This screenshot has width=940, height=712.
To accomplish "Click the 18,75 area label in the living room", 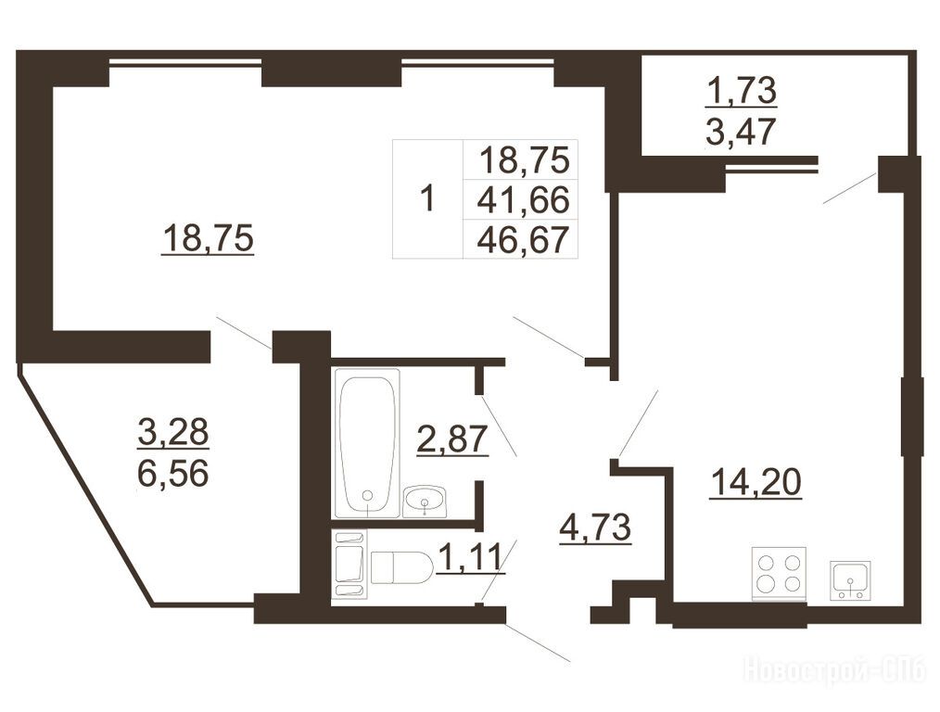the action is pyautogui.click(x=208, y=238).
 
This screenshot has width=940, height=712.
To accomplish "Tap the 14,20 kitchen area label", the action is pyautogui.click(x=756, y=482).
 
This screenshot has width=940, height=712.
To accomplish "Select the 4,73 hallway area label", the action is pyautogui.click(x=595, y=528).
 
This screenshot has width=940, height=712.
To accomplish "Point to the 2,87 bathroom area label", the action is pyautogui.click(x=452, y=439).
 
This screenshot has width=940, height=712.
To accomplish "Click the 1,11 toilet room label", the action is pyautogui.click(x=470, y=557).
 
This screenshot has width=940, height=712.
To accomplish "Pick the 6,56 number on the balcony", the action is pyautogui.click(x=173, y=474).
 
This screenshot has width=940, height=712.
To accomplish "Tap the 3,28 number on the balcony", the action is pyautogui.click(x=173, y=431).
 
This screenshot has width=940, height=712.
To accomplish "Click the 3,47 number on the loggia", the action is pyautogui.click(x=741, y=132).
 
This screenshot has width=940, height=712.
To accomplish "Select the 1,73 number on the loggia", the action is pyautogui.click(x=742, y=91).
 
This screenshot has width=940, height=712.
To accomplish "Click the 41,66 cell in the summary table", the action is pyautogui.click(x=523, y=199).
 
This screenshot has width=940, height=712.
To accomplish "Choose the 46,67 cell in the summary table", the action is pyautogui.click(x=523, y=240).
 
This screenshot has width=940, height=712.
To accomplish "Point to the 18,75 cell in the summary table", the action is pyautogui.click(x=524, y=160).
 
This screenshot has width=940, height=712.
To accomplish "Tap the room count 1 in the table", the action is pyautogui.click(x=426, y=198).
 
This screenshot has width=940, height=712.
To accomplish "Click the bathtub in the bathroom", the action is pyautogui.click(x=367, y=443).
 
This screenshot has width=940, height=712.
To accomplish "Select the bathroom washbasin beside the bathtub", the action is pyautogui.click(x=425, y=501).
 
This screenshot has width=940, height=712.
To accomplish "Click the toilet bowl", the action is pyautogui.click(x=401, y=567).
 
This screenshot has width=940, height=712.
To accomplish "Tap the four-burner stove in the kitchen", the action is pyautogui.click(x=779, y=574).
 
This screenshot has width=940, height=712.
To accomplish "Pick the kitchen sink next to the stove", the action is pyautogui.click(x=850, y=580).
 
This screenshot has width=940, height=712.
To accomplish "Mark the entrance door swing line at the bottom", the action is pyautogui.click(x=537, y=643).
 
